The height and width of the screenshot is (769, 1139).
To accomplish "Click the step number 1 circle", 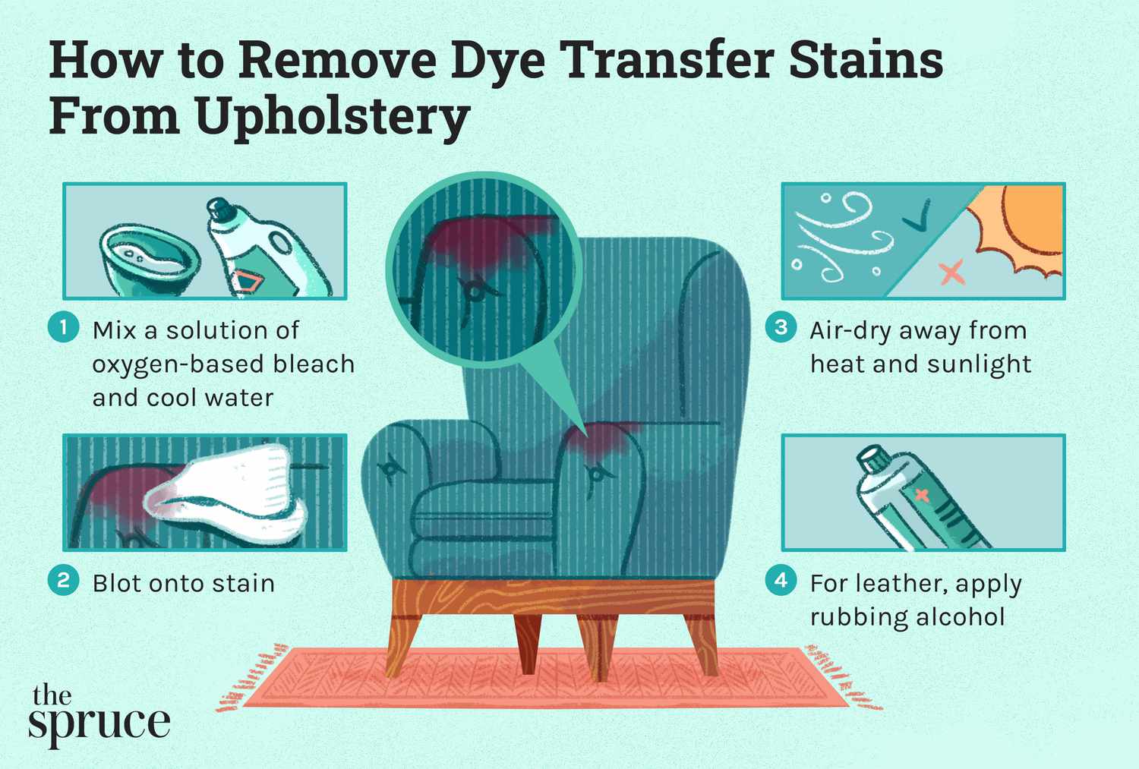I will point(64,328).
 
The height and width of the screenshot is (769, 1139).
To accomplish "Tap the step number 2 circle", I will point(64,581).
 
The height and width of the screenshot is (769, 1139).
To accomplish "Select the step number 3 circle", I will point(781,328).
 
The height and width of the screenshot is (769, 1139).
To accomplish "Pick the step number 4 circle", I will point(781,581).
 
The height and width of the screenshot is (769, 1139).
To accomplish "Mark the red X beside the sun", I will point(951,271).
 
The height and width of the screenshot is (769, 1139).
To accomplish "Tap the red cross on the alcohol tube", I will point(922,495).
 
